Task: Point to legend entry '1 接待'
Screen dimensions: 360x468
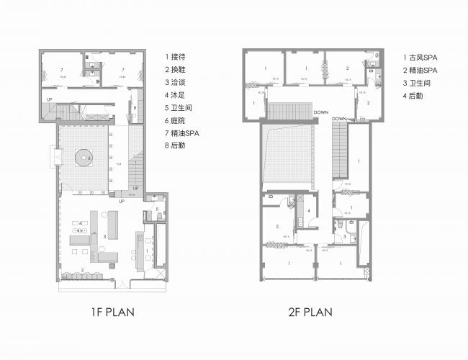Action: (176, 55)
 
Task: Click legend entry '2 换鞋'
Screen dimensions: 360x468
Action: (176, 69)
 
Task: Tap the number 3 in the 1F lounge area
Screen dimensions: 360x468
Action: (105, 236)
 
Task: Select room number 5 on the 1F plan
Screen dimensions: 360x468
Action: (156, 210)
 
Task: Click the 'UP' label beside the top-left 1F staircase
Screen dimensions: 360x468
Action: (50, 99)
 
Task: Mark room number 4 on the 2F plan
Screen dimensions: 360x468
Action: (309, 210)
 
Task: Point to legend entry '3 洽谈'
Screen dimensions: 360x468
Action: (176, 82)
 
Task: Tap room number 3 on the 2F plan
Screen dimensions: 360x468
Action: (344, 236)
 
